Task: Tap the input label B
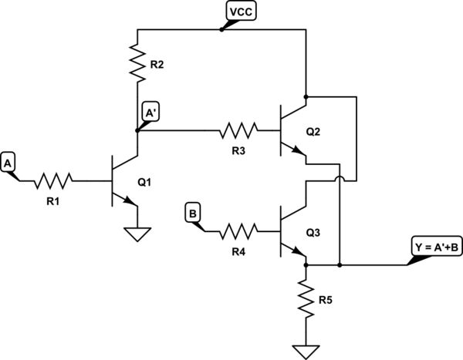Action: pyautogui.click(x=194, y=210)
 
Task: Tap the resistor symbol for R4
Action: pyautogui.click(x=238, y=229)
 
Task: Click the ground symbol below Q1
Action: pyautogui.click(x=137, y=233)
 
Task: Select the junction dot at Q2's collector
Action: pyautogui.click(x=306, y=97)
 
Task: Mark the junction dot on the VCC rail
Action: pyautogui.click(x=221, y=29)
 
